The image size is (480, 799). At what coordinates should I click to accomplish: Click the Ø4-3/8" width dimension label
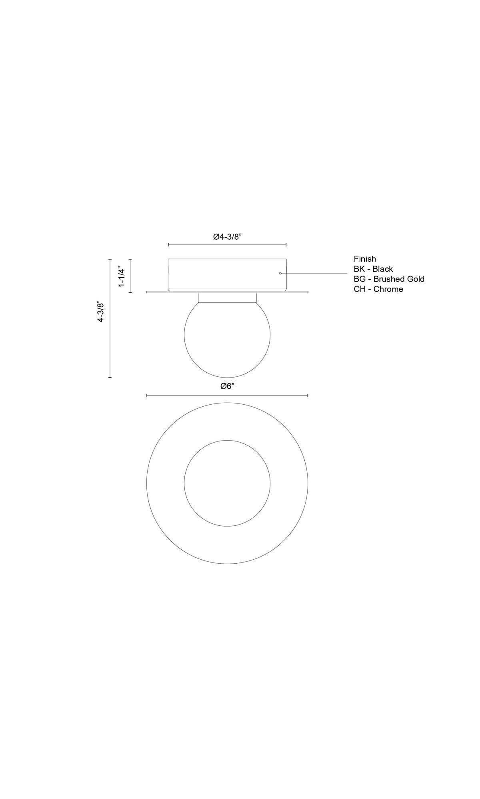[227, 237]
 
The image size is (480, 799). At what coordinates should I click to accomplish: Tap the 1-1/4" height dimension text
[122, 276]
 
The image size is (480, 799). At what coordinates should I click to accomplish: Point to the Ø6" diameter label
[227, 386]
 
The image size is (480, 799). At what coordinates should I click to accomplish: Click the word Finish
[365, 259]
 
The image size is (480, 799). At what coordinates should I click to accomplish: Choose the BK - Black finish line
[373, 269]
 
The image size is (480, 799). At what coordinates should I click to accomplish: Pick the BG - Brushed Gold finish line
[389, 279]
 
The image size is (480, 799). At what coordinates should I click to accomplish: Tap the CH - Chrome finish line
[378, 289]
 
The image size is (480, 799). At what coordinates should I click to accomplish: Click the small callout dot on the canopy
[280, 273]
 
